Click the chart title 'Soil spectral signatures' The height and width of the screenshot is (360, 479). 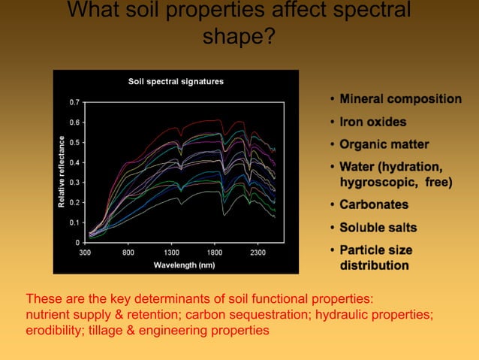(176, 81)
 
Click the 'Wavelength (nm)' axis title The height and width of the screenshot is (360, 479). (184, 265)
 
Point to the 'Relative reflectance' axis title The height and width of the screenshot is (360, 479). (60, 171)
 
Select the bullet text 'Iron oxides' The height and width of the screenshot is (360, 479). (372, 122)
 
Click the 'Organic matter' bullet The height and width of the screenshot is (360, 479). (384, 144)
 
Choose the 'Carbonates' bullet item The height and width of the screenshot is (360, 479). (374, 204)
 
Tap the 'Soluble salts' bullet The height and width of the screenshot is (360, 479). (378, 227)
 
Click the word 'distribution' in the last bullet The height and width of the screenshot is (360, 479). (375, 265)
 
